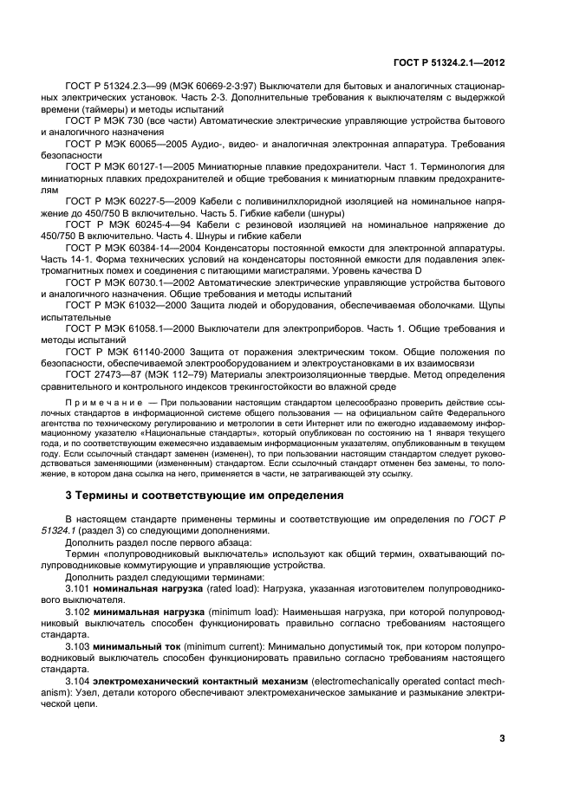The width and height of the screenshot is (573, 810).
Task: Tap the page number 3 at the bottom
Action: [x=502, y=738]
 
